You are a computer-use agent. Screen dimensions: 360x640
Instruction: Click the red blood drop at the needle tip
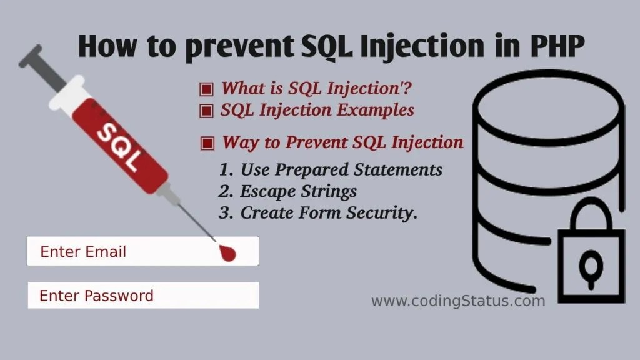click(228, 252)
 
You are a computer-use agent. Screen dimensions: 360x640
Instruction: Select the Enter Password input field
click(142, 296)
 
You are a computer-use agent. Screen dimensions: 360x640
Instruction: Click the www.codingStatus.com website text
click(458, 301)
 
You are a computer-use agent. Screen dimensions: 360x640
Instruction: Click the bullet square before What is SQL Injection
click(206, 89)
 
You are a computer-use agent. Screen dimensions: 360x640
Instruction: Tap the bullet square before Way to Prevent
click(207, 143)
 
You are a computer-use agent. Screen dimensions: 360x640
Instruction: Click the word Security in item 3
click(381, 213)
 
